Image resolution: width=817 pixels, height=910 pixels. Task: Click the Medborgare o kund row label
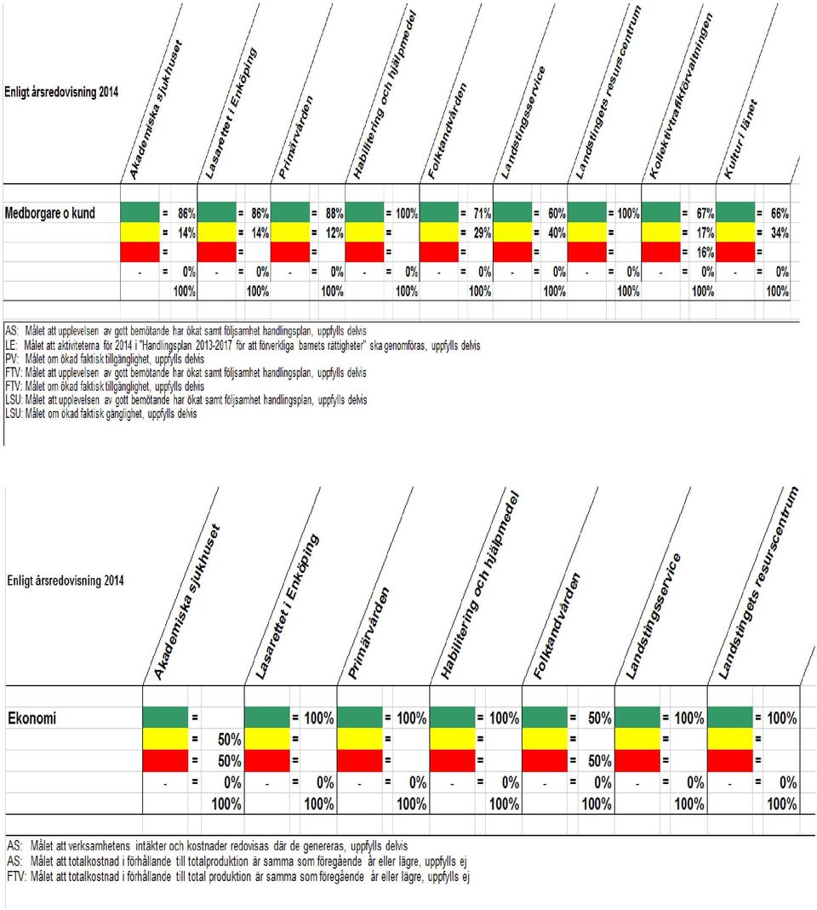pyautogui.click(x=49, y=213)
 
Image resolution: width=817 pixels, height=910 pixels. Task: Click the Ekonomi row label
pyautogui.click(x=32, y=718)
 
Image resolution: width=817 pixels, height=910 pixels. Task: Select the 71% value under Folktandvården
pyautogui.click(x=482, y=214)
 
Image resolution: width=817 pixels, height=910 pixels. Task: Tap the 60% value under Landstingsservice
pyautogui.click(x=557, y=214)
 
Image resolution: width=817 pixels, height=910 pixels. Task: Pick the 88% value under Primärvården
pyautogui.click(x=334, y=214)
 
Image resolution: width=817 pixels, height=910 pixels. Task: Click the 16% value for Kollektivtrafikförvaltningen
pyautogui.click(x=705, y=253)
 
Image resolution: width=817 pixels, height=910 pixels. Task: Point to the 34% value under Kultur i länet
pyautogui.click(x=780, y=232)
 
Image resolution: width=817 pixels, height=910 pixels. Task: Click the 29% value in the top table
pyautogui.click(x=482, y=232)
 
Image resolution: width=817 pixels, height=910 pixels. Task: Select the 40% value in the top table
pyautogui.click(x=557, y=232)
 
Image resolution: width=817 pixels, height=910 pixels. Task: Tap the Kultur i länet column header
pyautogui.click(x=740, y=140)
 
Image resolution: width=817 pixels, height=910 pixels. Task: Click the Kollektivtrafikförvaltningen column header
pyautogui.click(x=681, y=95)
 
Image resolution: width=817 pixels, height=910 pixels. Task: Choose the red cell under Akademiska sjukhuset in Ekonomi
pyautogui.click(x=165, y=761)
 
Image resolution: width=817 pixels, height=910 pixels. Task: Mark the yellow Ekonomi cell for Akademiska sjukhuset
pyautogui.click(x=165, y=740)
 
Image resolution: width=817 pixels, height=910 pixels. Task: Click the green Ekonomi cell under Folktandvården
pyautogui.click(x=545, y=718)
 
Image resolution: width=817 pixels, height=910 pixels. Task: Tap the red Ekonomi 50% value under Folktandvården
pyautogui.click(x=599, y=761)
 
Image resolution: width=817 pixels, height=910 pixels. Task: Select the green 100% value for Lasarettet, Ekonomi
pyautogui.click(x=318, y=718)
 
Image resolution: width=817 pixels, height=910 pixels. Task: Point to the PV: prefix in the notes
pyautogui.click(x=12, y=359)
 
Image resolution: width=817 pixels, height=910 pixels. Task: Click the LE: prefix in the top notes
pyautogui.click(x=11, y=346)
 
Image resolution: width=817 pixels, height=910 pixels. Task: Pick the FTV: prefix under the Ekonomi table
pyautogui.click(x=17, y=876)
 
